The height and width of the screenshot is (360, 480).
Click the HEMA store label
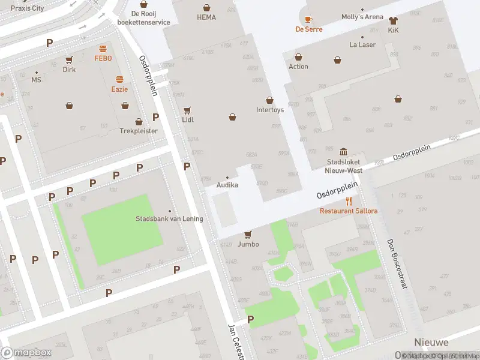[206, 17]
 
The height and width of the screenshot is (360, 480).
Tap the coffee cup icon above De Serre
[308, 19]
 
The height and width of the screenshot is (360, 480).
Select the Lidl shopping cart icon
[187, 110]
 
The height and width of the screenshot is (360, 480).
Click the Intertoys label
[269, 110]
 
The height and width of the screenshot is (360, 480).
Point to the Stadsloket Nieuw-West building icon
[343, 151]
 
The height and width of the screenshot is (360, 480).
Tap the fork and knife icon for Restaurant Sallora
[349, 201]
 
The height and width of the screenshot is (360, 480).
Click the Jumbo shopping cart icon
[248, 234]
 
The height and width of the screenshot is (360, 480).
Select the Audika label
[227, 185]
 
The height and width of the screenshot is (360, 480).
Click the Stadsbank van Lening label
[169, 218]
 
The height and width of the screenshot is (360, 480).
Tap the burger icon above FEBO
[103, 49]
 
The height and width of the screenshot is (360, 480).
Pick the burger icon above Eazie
[120, 79]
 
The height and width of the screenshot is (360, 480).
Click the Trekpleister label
[139, 130]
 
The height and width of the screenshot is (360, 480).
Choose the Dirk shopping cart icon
[70, 59]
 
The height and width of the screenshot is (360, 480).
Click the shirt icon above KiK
[393, 20]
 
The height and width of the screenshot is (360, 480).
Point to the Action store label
[298, 67]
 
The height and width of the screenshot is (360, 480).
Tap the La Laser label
[362, 44]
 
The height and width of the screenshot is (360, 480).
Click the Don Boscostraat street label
[397, 263]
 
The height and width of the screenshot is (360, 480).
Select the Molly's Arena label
[362, 17]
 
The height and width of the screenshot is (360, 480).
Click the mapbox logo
[26, 352]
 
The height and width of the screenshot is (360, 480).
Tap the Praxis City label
[28, 8]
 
